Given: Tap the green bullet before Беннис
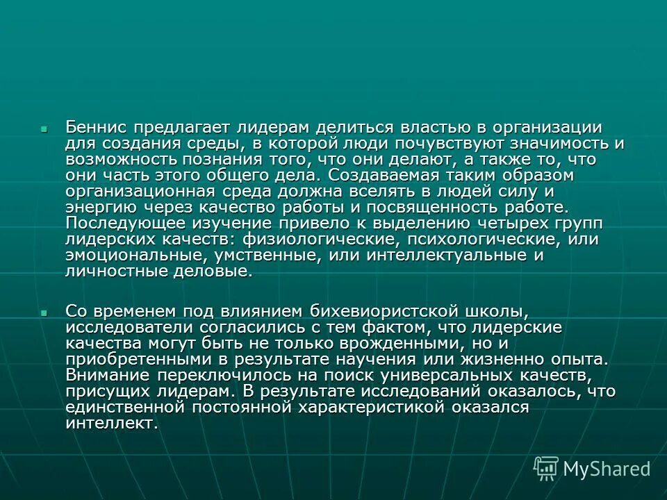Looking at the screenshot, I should pos(43,129).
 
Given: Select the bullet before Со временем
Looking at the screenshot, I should pos(43,313).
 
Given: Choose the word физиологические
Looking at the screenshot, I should pos(320,240).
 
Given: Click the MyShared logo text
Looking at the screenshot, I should pos(607,469).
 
